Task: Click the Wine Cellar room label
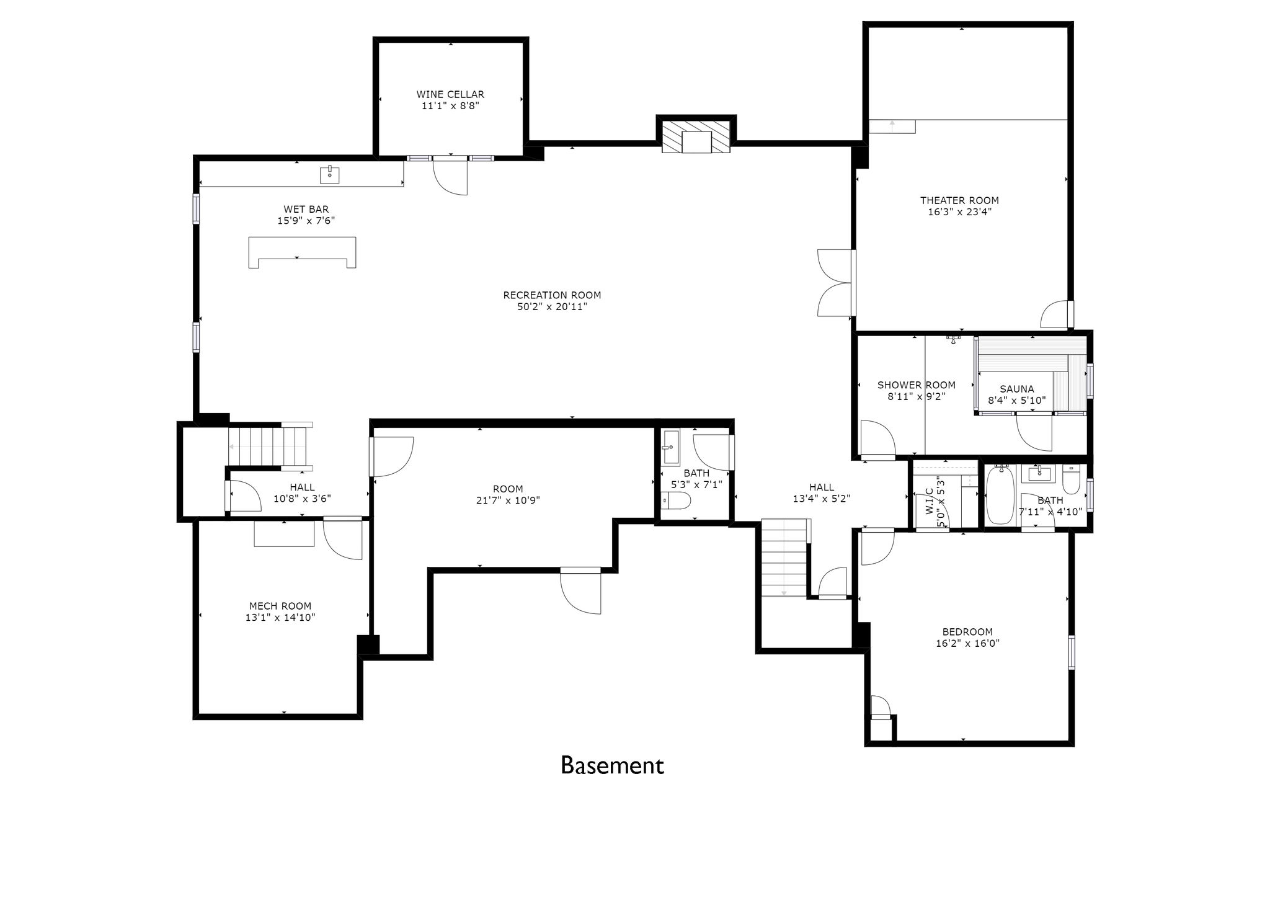click(450, 94)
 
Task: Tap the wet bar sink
click(330, 175)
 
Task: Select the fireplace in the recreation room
click(696, 136)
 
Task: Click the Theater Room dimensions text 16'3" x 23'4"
click(959, 211)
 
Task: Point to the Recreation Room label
click(552, 295)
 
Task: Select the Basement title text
click(612, 765)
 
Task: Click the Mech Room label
click(280, 606)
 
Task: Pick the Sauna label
click(1017, 389)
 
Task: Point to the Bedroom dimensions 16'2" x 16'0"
click(967, 644)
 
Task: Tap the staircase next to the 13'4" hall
click(785, 558)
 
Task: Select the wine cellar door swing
click(450, 177)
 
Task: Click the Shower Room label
click(917, 385)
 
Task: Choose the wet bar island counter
click(302, 252)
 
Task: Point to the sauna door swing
click(1034, 432)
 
